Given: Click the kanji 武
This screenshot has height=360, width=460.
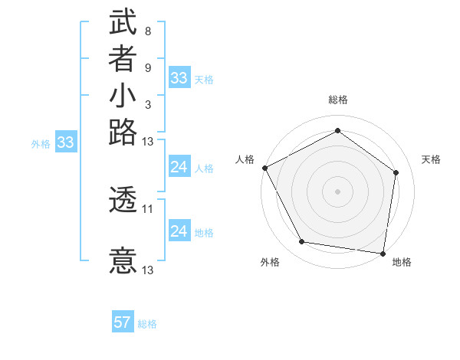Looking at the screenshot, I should (x=123, y=22).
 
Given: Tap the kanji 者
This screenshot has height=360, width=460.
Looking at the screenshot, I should (x=123, y=61).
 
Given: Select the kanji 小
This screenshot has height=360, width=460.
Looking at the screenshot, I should (x=123, y=97).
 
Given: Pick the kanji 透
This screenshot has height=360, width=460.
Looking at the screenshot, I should (x=123, y=201).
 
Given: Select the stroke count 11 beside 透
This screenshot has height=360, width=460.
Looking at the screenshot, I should (x=148, y=208).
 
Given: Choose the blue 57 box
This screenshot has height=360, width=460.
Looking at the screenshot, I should (x=123, y=322).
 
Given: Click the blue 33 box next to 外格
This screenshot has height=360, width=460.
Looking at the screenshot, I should (x=66, y=142).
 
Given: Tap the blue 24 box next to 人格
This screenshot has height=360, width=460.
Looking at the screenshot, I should (x=179, y=167).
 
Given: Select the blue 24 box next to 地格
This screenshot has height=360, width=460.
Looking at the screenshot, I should (x=179, y=231).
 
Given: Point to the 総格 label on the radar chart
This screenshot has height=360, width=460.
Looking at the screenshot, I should (x=337, y=100).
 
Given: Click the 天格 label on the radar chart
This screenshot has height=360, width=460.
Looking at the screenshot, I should (x=431, y=159).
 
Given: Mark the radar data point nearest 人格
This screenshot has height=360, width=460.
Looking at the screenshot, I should (x=264, y=168).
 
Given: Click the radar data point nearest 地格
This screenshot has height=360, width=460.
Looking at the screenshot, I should (x=383, y=253).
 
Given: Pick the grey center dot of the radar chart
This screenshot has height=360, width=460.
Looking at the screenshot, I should (x=337, y=191).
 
